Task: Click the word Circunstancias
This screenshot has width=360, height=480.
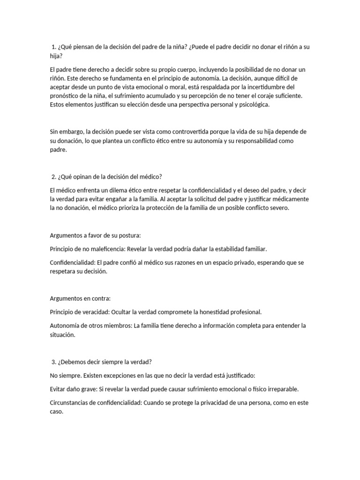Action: coord(71,402)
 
